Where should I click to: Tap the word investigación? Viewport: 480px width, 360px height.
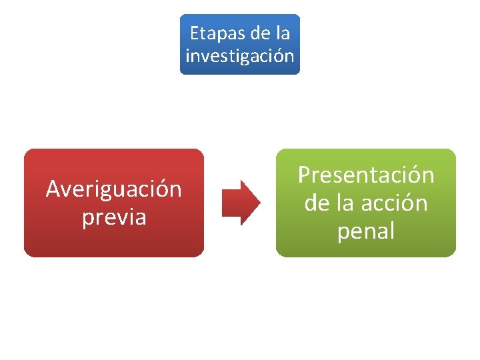(x=240, y=55)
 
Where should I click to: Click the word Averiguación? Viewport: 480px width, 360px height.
(x=113, y=189)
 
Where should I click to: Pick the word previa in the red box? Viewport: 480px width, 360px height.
(x=113, y=217)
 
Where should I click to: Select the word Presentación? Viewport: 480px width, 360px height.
(x=366, y=175)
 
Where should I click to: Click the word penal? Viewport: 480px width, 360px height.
(x=366, y=231)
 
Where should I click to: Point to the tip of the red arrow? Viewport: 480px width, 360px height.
(x=259, y=202)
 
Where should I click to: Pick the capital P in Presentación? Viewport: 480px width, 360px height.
(x=305, y=175)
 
